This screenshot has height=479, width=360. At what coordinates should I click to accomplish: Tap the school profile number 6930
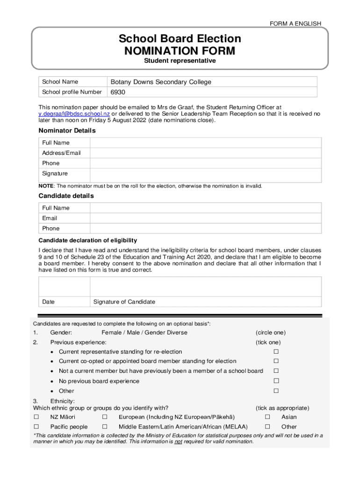117,92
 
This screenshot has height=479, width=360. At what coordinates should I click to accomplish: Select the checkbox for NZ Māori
36,417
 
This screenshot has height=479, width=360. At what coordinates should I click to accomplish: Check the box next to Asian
268,417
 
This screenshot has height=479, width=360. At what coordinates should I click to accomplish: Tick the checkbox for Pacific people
36,427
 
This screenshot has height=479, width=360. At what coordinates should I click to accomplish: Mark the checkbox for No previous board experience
276,381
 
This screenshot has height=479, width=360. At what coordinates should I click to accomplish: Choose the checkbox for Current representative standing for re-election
276,351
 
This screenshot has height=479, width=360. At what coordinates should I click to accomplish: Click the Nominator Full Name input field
205,143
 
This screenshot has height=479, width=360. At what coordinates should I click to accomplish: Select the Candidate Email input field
205,218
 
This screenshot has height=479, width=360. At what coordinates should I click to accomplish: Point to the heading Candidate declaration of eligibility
87,240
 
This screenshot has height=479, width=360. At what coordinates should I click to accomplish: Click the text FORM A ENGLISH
295,23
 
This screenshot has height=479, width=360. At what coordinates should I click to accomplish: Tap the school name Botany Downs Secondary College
161,82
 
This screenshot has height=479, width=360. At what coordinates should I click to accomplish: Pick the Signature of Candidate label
124,302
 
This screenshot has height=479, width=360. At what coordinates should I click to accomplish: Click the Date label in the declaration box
48,302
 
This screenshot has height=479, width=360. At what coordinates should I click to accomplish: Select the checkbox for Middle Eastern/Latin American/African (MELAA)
105,427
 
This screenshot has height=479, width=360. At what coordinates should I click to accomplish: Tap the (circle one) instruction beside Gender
270,333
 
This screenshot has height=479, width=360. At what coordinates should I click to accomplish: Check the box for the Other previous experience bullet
276,391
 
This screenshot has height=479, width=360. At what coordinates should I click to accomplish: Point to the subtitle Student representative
180,61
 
